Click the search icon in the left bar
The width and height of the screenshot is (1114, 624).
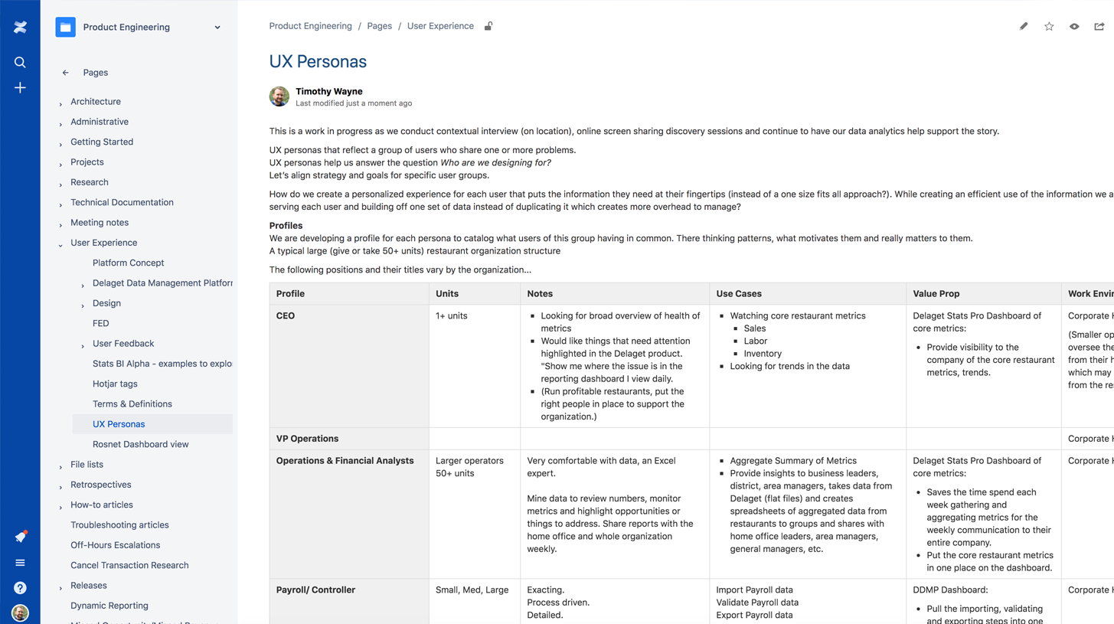(20, 62)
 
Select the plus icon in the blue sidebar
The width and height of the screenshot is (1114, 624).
(20, 88)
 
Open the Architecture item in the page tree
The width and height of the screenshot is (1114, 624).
(96, 101)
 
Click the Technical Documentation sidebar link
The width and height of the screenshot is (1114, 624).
(122, 202)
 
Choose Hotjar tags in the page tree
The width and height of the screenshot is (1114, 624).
(115, 384)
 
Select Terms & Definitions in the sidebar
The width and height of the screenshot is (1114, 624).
(132, 403)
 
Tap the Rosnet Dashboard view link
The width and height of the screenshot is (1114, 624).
(140, 444)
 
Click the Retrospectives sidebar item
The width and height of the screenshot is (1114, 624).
(101, 485)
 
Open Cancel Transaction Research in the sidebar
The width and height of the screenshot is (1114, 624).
(129, 565)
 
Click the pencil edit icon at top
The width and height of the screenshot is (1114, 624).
(1024, 26)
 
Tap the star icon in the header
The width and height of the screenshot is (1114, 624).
(1049, 26)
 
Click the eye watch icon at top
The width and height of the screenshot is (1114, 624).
(1074, 26)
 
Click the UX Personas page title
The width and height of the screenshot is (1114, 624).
(318, 62)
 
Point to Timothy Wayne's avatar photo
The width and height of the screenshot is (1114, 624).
(279, 96)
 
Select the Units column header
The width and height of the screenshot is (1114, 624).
(447, 293)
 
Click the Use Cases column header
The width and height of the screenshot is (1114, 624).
(738, 293)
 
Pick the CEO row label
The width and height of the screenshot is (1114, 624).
(286, 315)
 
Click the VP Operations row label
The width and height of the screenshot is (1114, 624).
(307, 439)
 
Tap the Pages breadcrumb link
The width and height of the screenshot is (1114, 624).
(379, 26)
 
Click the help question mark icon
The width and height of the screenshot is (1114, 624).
(20, 588)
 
